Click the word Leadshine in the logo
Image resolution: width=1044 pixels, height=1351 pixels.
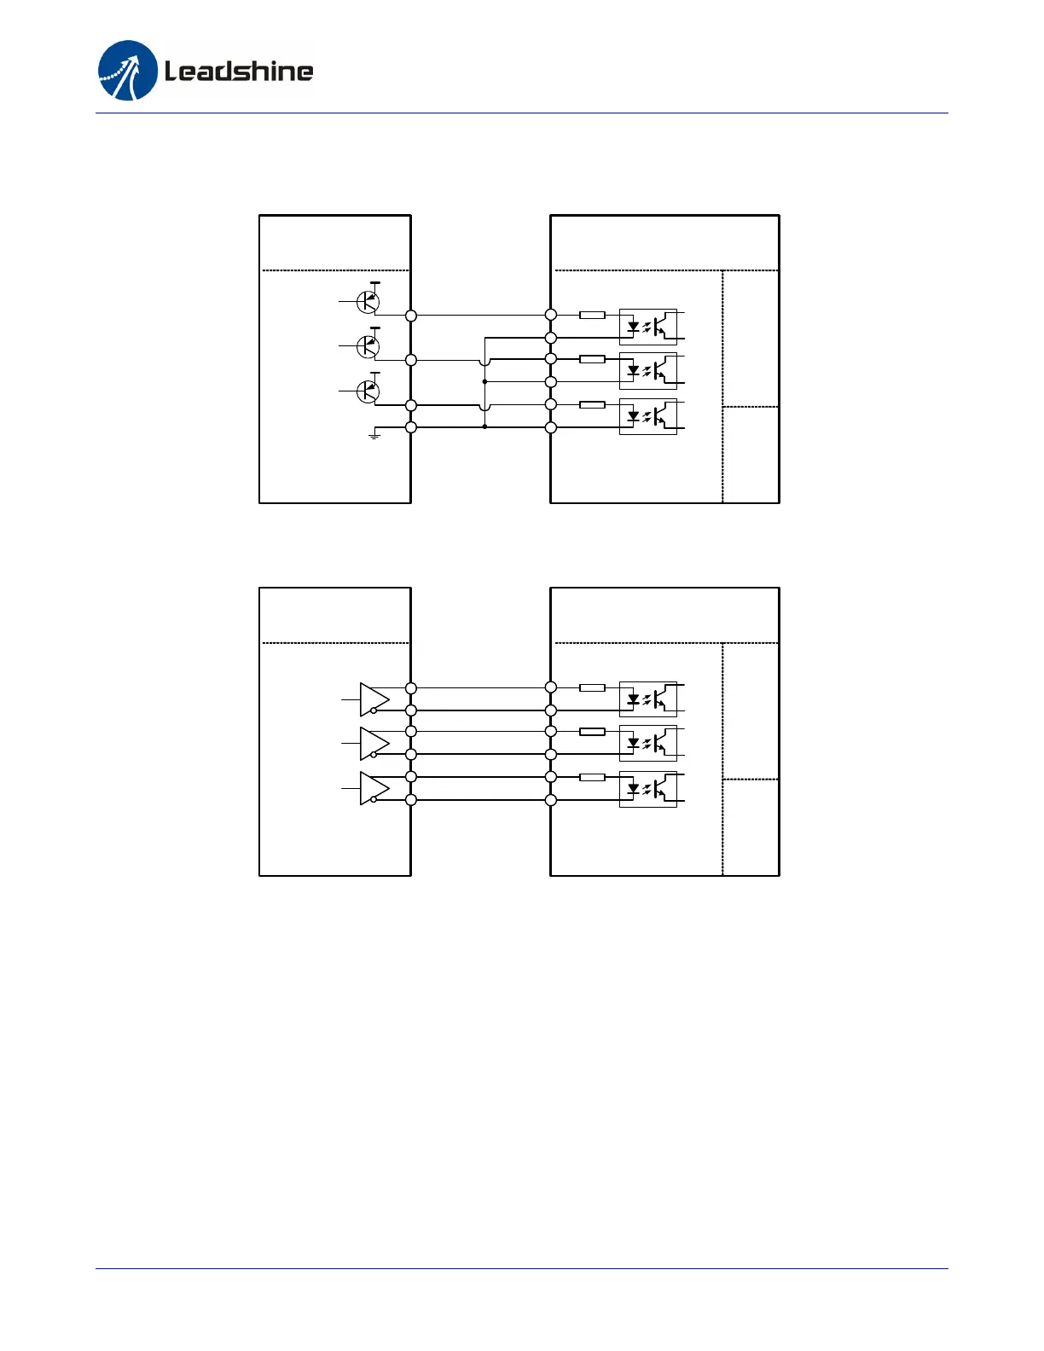coord(238,71)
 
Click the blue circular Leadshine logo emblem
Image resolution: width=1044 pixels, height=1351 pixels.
coord(128,71)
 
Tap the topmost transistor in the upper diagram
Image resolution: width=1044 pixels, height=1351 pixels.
coord(368,301)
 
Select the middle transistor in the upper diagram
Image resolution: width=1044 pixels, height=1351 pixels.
coord(368,345)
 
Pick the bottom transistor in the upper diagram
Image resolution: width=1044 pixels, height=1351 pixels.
coord(368,391)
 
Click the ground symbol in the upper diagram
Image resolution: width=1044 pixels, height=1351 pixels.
coord(374,436)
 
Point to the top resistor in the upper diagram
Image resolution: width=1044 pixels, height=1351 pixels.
coord(592,315)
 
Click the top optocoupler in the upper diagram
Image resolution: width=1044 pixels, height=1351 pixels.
coord(648,327)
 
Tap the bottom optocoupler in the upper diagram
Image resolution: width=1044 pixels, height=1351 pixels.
coord(648,417)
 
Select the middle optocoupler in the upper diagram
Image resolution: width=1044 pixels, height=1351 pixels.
coord(648,371)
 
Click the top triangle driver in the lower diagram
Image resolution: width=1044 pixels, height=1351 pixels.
coord(374,699)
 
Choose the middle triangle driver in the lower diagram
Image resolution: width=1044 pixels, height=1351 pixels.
coord(374,743)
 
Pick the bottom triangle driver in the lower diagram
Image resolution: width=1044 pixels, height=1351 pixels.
coord(374,788)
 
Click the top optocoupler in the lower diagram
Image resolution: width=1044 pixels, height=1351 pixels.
coord(648,699)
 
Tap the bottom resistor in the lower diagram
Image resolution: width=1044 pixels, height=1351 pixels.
coord(592,777)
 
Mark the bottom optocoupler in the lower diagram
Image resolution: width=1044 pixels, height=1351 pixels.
coord(648,789)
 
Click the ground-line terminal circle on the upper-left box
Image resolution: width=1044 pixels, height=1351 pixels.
coord(411,427)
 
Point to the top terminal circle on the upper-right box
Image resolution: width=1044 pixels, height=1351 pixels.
coord(551,315)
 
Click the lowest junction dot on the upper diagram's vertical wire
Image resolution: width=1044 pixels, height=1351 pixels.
coord(484,426)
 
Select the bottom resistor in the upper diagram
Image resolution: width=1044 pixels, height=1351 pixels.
coord(592,405)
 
